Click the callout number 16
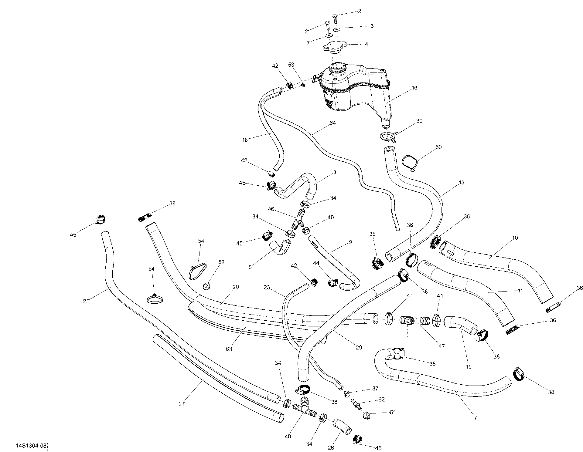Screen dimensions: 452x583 [414, 88]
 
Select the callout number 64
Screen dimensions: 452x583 [332, 123]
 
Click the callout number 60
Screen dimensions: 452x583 [438, 147]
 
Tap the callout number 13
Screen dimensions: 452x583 [462, 183]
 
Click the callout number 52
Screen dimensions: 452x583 [221, 262]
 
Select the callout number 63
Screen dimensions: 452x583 [229, 349]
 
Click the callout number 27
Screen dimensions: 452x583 [182, 404]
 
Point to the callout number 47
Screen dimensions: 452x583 [442, 346]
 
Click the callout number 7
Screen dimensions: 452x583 [476, 418]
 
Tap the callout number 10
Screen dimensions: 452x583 [515, 238]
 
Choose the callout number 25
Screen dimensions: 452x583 [86, 301]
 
